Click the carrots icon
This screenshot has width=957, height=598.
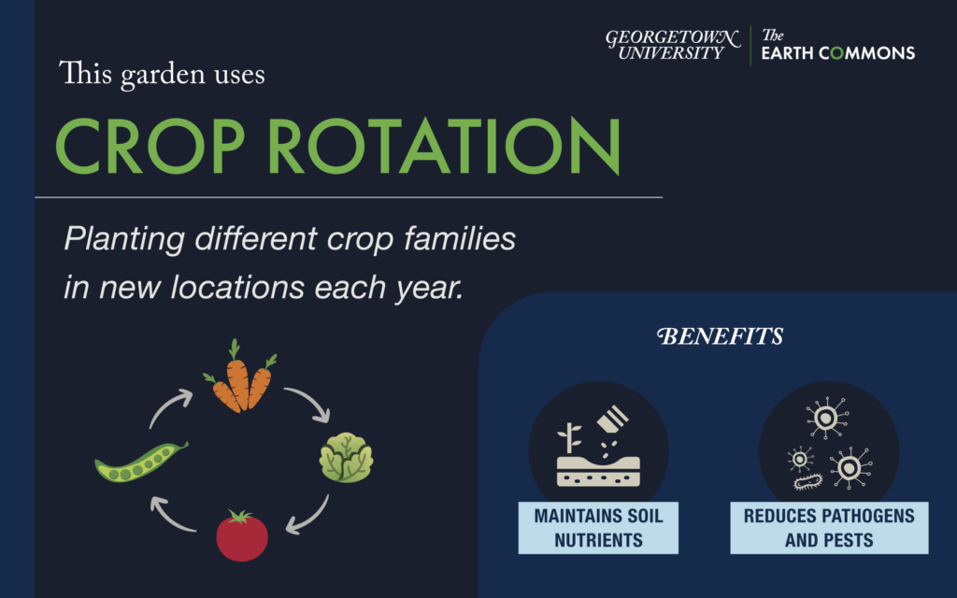pos(239,377)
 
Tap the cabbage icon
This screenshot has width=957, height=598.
pos(346,458)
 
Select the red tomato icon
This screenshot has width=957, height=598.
pos(242,535)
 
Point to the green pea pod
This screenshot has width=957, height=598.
pos(141,462)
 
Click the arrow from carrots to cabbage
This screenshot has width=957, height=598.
pos(312,400)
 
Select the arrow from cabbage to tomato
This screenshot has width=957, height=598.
pos(312,519)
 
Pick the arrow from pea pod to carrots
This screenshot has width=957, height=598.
pos(166,406)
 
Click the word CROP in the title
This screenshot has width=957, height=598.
pos(150,147)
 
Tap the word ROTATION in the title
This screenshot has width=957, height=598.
pos(445,147)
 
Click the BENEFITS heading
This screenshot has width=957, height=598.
pos(721,336)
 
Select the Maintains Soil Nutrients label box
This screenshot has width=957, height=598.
pos(598,528)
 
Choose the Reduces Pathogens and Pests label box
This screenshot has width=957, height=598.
pos(829,528)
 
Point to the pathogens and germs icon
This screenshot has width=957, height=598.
pos(829,443)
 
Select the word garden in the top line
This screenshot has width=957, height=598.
pos(163,75)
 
